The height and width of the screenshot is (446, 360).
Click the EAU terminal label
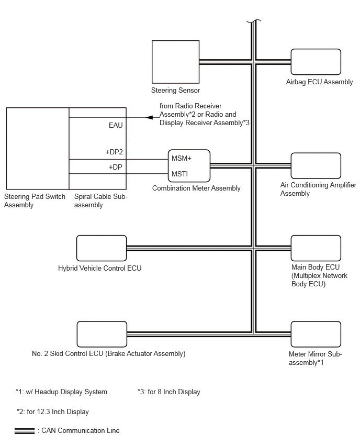coord(116,125)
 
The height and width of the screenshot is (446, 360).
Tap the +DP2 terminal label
coord(114,152)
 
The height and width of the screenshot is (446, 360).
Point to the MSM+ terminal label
coord(182,158)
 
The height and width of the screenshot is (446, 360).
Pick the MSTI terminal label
coord(179,174)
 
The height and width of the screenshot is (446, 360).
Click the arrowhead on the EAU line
coord(149,117)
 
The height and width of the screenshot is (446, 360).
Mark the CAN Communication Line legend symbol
coord(25,431)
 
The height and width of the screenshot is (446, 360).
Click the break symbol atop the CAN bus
coord(254,21)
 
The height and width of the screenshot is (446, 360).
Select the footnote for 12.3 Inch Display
coord(53,411)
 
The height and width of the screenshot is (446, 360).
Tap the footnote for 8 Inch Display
coord(169,392)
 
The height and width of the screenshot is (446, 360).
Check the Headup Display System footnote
coord(61,392)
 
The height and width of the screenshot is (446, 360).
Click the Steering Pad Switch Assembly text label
coord(35,200)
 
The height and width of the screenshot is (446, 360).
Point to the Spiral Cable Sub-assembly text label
coord(101,200)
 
